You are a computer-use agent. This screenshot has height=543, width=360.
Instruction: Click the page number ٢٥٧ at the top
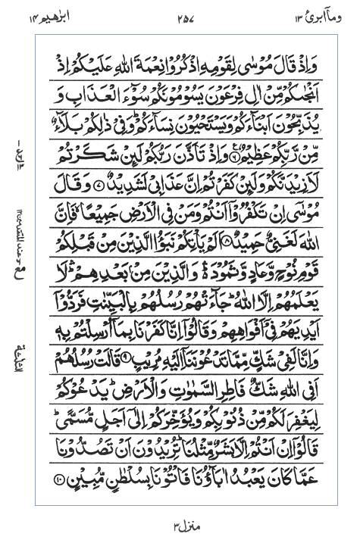pyautogui.click(x=180, y=17)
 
